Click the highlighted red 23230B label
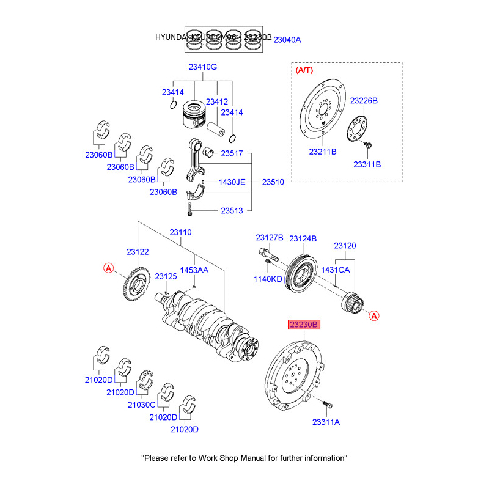pyautogui.click(x=304, y=325)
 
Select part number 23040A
pyautogui.click(x=287, y=40)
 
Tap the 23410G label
pyautogui.click(x=202, y=67)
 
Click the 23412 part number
pyautogui.click(x=216, y=101)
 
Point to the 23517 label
pyautogui.click(x=232, y=153)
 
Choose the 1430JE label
pyautogui.click(x=232, y=182)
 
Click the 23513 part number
pyautogui.click(x=232, y=211)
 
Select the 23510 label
pyautogui.click(x=273, y=182)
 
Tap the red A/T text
pyautogui.click(x=304, y=71)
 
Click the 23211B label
pyautogui.click(x=323, y=150)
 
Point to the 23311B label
pyautogui.click(x=367, y=164)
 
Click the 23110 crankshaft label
pyautogui.click(x=180, y=232)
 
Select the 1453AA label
pyautogui.click(x=194, y=270)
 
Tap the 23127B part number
pyautogui.click(x=270, y=238)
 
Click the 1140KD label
pyautogui.click(x=268, y=279)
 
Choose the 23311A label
pyautogui.click(x=326, y=422)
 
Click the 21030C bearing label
pyautogui.click(x=142, y=405)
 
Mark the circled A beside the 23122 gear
pyautogui.click(x=108, y=268)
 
